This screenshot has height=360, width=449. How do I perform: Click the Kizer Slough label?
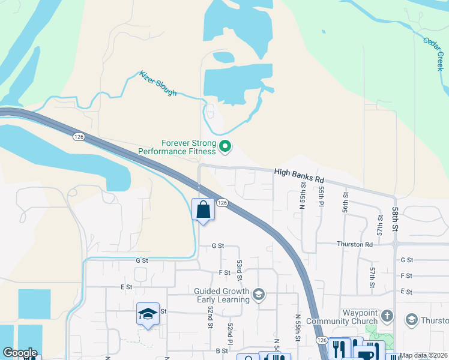(x=158, y=83)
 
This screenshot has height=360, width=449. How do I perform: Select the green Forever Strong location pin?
(x=225, y=146)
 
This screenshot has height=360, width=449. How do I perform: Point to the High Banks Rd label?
(x=299, y=175)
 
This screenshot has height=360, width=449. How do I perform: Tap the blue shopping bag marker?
(x=203, y=210)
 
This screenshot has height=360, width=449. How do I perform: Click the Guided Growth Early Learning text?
(x=222, y=296)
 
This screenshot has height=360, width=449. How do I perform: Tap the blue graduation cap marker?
(x=148, y=314)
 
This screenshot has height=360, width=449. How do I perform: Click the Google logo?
(x=19, y=353)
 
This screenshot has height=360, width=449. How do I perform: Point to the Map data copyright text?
(x=424, y=355)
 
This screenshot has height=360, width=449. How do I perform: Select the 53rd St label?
(x=239, y=270)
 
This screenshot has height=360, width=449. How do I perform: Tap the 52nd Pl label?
(x=230, y=329)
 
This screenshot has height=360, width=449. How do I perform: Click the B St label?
(x=221, y=350)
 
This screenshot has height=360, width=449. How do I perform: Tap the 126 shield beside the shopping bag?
(x=222, y=203)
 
